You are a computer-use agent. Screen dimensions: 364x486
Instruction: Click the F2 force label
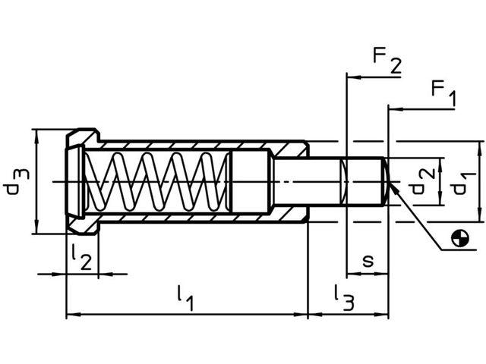(386, 61)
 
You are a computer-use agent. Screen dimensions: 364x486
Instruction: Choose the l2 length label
(81, 257)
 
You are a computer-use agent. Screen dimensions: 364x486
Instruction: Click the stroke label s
(368, 260)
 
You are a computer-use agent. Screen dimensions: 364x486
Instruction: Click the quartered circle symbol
(459, 238)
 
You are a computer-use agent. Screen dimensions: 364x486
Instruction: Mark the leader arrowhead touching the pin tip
(396, 190)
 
